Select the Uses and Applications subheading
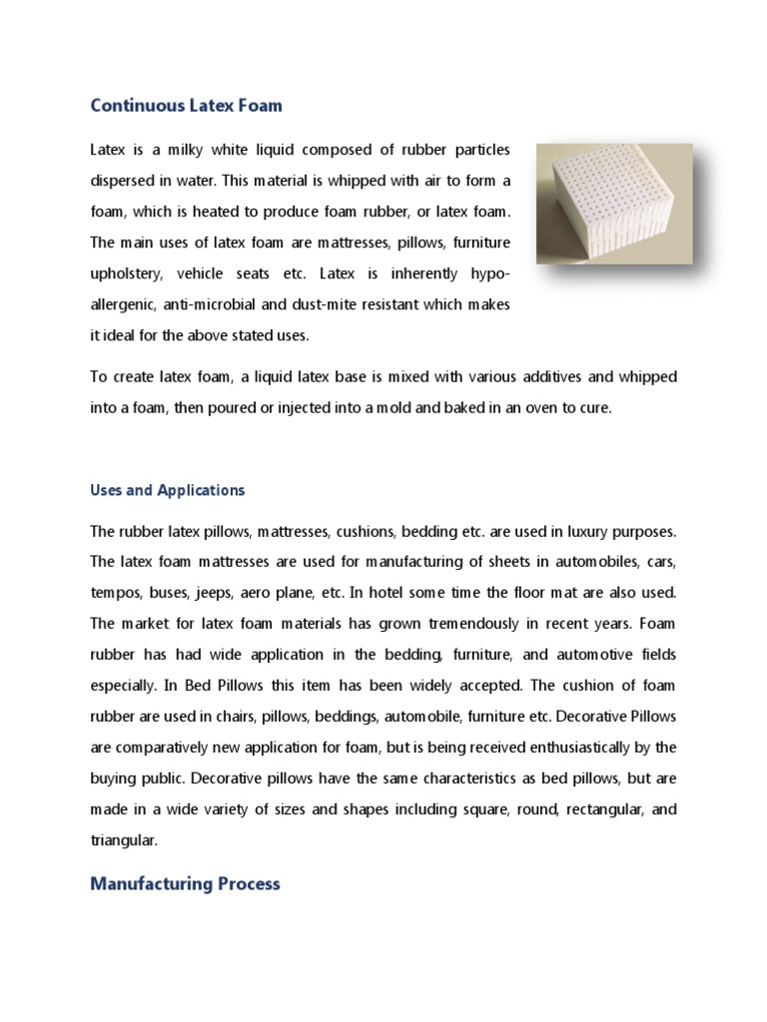pyautogui.click(x=167, y=490)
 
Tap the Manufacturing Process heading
pyautogui.click(x=185, y=883)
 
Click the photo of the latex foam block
pyautogui.click(x=613, y=204)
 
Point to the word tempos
pyautogui.click(x=115, y=593)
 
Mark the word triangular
pyautogui.click(x=124, y=840)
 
